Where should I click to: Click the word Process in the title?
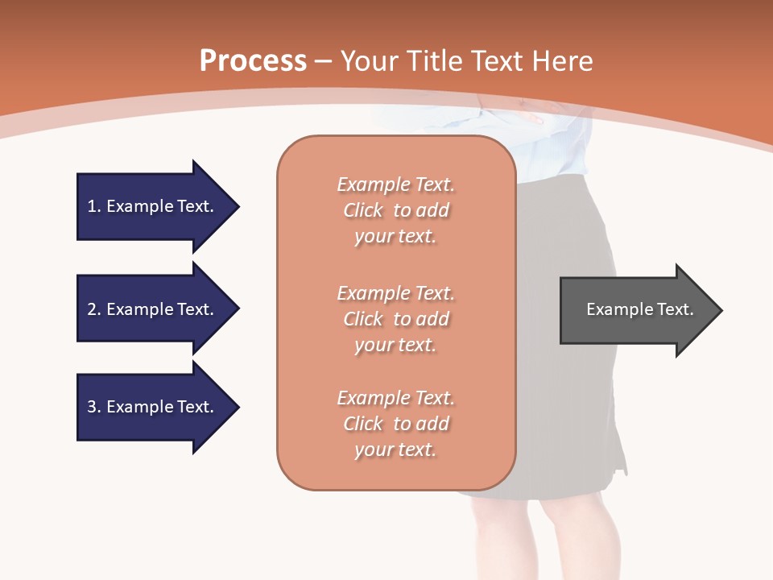tap(253, 60)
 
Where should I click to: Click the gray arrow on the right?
tap(636, 309)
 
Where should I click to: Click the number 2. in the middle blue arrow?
tap(94, 309)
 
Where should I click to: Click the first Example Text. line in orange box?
tap(395, 184)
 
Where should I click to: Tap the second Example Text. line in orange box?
tap(395, 293)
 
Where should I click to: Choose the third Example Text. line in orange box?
tap(395, 398)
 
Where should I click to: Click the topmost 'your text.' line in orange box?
tap(395, 237)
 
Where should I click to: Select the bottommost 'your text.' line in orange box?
tap(395, 449)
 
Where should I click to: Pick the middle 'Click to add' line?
tap(395, 319)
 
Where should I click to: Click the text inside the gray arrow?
tap(639, 309)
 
